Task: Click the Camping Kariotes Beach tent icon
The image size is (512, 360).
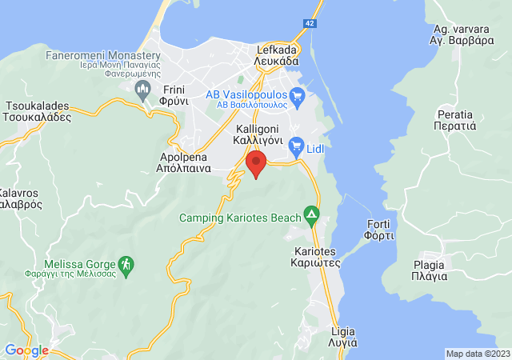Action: pyautogui.click(x=311, y=216)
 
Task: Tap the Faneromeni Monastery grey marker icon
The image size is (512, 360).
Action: pyautogui.click(x=144, y=87)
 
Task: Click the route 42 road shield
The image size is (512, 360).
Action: pyautogui.click(x=309, y=24)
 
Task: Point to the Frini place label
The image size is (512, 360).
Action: pyautogui.click(x=174, y=95)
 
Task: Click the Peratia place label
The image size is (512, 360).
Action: pyautogui.click(x=456, y=121)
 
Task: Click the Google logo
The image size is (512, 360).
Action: pyautogui.click(x=26, y=350)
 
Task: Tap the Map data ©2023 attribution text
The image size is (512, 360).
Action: pyautogui.click(x=478, y=354)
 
